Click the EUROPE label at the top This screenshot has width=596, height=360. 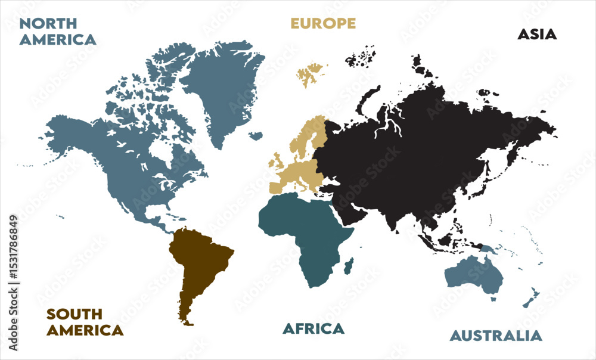pos(323,23)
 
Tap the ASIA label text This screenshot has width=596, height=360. pos(537,34)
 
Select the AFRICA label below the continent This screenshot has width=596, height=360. pos(313,328)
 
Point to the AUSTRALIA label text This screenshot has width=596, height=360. pos(496,336)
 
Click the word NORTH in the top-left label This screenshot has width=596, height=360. pos(48,23)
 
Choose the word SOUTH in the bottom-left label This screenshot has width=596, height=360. pos(75,314)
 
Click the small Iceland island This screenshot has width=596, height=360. pos(256,135)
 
